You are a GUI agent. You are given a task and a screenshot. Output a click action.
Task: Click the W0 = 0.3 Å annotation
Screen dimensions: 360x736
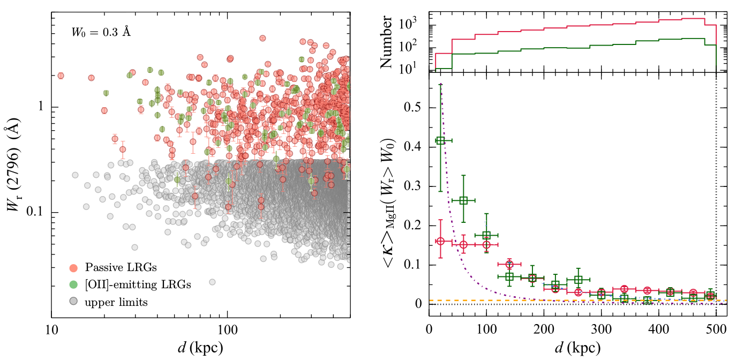point(101,32)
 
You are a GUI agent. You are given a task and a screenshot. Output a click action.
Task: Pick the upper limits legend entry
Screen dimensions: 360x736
point(116,303)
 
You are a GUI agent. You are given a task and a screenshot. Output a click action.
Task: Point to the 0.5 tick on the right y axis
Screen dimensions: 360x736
point(414,108)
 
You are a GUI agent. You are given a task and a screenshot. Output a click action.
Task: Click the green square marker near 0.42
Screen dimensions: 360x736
point(440,140)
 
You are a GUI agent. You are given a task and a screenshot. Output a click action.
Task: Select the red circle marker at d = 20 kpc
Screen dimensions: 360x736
point(440,241)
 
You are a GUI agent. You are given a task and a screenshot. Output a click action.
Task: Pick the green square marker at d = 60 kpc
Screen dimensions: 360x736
point(463,200)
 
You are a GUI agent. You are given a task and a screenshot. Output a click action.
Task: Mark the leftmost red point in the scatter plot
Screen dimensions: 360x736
point(61,76)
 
